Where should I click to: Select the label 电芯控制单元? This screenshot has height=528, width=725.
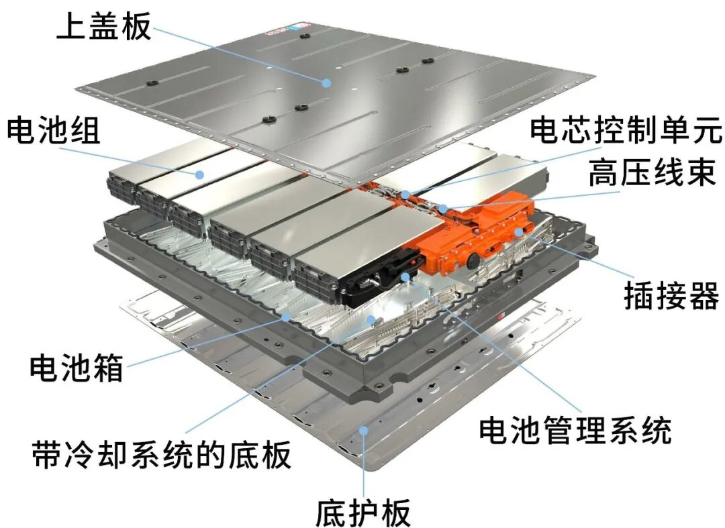626,130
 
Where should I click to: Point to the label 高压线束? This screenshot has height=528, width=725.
652,172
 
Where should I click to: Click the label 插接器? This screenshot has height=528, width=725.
672,296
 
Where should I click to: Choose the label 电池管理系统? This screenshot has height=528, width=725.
575,430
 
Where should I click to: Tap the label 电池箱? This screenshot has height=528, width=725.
77,368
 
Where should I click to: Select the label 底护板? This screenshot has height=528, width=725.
363,512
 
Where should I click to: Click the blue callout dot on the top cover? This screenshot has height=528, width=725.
326,83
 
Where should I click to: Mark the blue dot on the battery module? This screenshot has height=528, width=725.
199,174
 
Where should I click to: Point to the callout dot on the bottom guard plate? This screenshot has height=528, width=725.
364,431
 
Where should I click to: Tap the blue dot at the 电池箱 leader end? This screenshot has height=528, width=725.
286,317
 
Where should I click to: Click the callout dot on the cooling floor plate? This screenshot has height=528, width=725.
371,319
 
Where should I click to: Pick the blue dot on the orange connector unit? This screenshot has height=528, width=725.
519,231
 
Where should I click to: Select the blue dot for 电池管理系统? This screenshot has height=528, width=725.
405,276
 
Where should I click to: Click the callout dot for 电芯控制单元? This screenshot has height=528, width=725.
405,195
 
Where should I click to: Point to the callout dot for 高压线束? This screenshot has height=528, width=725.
443,209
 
